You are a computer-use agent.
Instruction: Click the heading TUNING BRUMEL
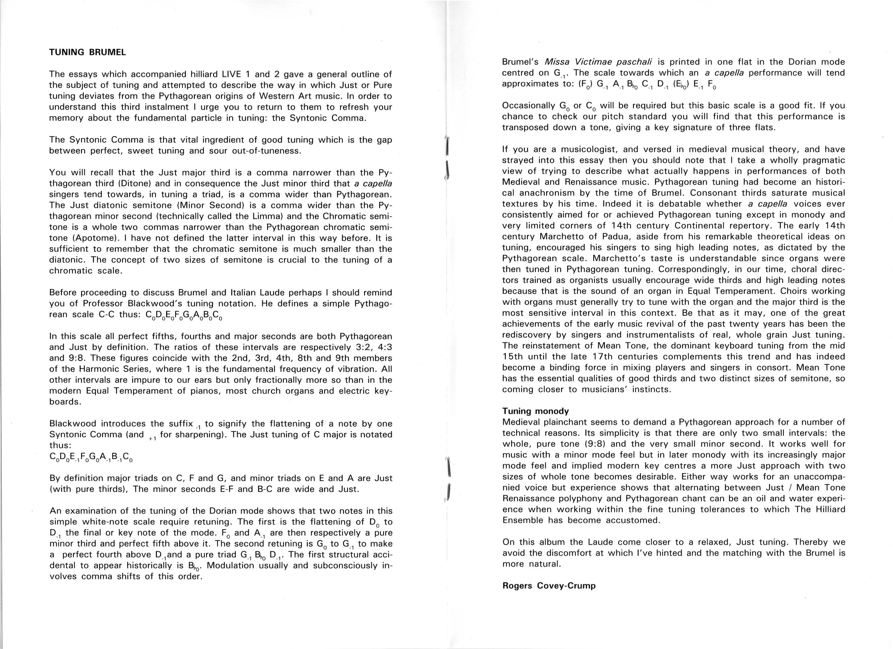point(87,53)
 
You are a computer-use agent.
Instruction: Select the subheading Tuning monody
point(535,411)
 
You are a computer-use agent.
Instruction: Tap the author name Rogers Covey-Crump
point(549,586)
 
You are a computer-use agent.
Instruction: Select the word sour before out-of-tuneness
point(218,151)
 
